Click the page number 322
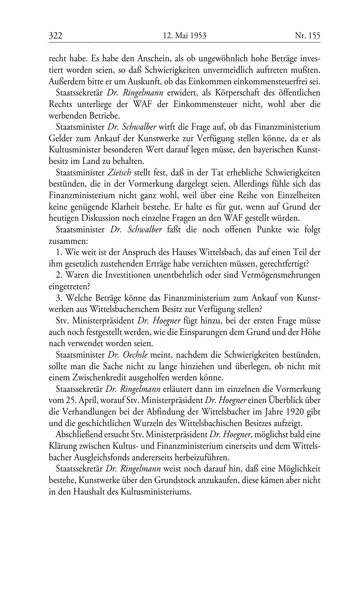pos(56,36)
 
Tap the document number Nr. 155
pos(307,36)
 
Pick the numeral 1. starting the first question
pos(59,252)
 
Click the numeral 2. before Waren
pos(59,275)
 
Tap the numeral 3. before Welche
pos(59,298)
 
